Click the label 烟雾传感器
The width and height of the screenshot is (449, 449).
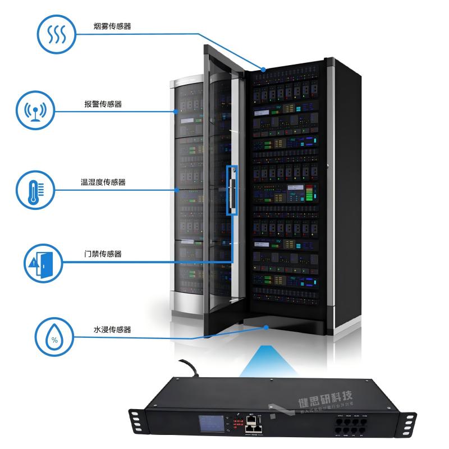(113, 26)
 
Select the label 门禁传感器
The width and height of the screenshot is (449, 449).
(99, 254)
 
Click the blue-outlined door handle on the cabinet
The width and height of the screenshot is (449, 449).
(231, 190)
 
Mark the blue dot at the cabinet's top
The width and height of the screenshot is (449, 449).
(262, 69)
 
